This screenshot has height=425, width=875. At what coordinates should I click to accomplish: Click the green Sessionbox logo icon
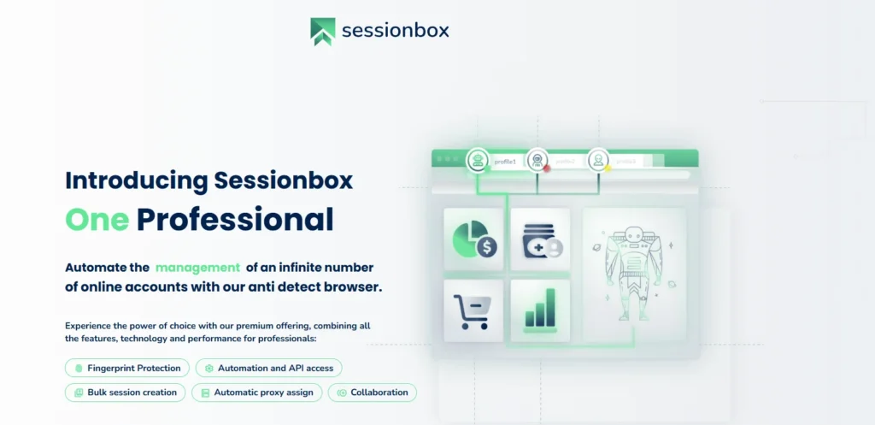[322, 31]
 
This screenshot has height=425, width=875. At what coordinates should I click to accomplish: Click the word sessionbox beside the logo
[395, 31]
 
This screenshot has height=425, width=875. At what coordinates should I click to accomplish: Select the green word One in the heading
[97, 220]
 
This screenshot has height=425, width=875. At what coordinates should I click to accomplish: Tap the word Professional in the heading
[235, 220]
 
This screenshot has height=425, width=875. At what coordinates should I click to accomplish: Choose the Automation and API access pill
[269, 368]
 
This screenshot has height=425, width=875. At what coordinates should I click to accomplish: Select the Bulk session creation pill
[125, 393]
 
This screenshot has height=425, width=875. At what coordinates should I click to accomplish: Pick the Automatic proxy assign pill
[257, 393]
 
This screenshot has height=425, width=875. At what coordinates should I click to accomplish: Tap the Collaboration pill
[373, 393]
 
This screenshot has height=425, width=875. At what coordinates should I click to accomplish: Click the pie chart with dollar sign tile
[473, 239]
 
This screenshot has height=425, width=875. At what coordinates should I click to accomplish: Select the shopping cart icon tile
[473, 310]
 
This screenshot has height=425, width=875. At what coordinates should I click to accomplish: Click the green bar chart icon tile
[540, 310]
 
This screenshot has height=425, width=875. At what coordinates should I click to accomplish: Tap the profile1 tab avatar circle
[477, 160]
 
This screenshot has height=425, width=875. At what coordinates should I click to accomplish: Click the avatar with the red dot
[537, 160]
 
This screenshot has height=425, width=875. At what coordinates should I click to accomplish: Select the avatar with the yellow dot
[598, 160]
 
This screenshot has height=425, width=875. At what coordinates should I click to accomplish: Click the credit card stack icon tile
[540, 239]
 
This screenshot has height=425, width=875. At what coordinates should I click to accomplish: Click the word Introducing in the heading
[137, 180]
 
